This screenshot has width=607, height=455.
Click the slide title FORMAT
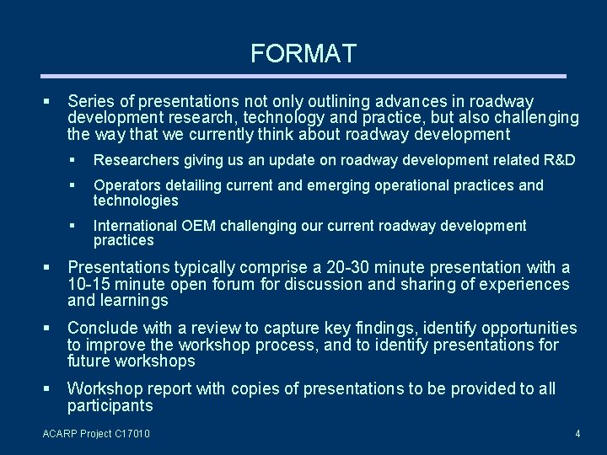click(x=303, y=55)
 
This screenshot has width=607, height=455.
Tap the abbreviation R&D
click(x=559, y=160)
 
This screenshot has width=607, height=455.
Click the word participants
click(x=110, y=406)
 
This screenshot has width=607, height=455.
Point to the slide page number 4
click(x=577, y=434)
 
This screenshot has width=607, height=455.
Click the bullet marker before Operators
click(x=73, y=185)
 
